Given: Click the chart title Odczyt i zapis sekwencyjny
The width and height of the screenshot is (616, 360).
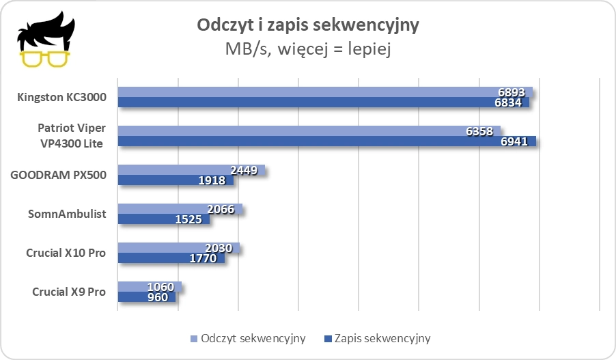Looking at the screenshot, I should click(307, 25).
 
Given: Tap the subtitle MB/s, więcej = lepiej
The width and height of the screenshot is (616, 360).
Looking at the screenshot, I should click(307, 49).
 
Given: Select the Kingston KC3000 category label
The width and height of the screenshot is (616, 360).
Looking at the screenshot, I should click(61, 98).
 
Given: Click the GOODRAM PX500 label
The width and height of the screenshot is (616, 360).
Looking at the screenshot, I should click(58, 175).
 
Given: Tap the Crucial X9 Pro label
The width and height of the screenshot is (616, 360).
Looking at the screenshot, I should click(69, 292).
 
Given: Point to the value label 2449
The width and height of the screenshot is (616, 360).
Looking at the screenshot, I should click(242, 171).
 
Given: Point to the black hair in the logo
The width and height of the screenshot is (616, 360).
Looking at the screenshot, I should click(45, 31).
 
